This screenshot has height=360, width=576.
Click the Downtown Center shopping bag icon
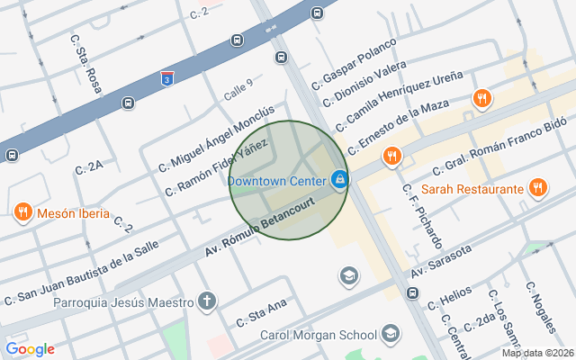[339, 180]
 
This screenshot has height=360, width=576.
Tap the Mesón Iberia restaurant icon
[23, 213]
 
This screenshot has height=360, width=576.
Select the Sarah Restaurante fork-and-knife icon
[537, 188]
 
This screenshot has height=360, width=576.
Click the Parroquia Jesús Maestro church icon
[208, 301]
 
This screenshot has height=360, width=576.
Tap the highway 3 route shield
[167, 79]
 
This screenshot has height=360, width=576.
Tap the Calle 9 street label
[238, 89]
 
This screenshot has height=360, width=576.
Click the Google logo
[30, 349]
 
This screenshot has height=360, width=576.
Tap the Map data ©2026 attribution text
[536, 353]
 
